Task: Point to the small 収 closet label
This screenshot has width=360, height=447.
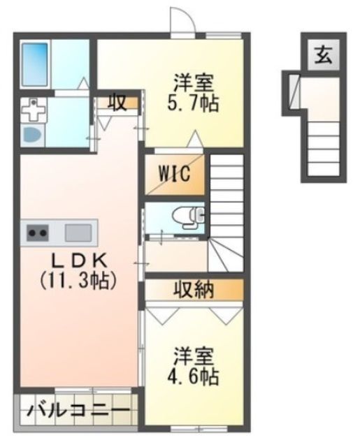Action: [x=117, y=103]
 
